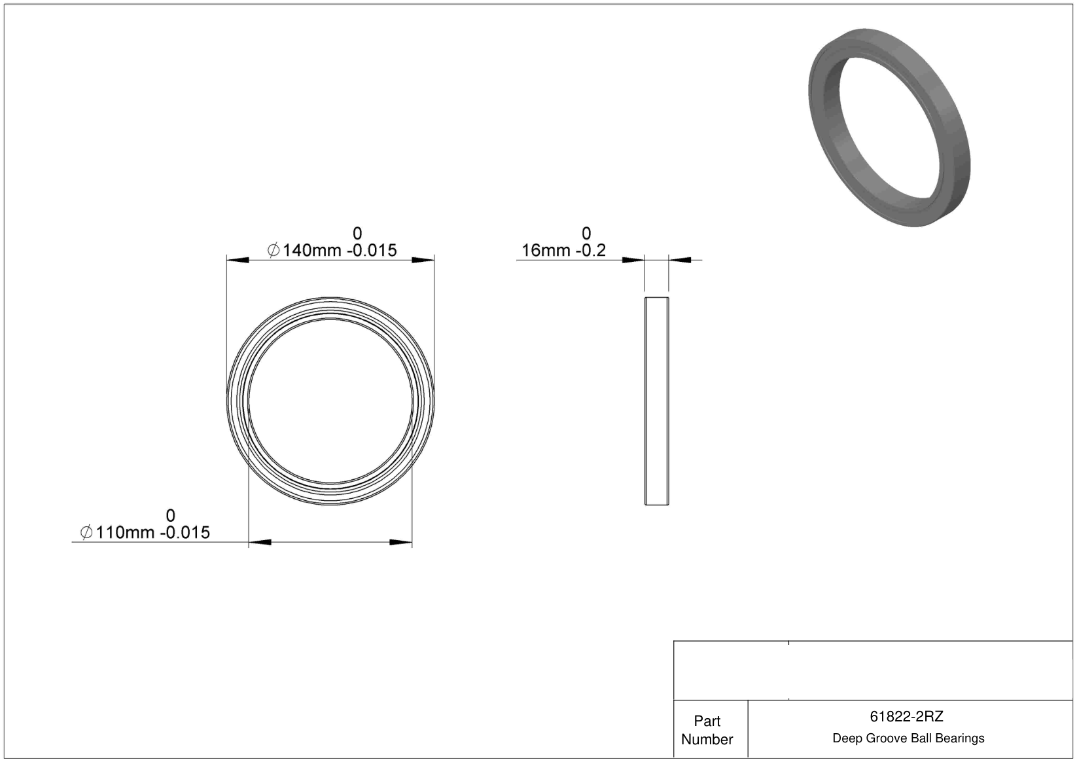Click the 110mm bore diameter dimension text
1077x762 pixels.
point(126,532)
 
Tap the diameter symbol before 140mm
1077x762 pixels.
point(274,250)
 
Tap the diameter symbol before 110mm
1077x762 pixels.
point(86,532)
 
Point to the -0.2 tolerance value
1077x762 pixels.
point(591,250)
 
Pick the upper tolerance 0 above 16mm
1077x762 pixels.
point(586,233)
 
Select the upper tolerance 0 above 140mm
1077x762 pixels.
point(357,233)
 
